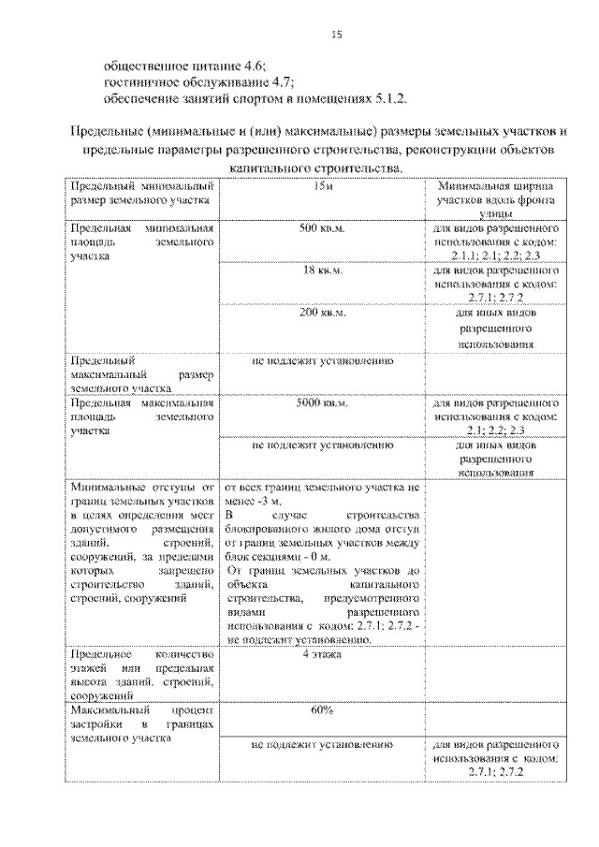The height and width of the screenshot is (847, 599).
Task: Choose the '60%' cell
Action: pos(321,710)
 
